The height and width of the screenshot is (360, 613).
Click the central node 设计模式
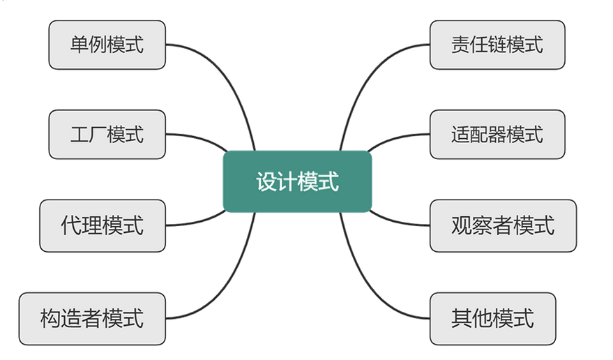click(x=297, y=181)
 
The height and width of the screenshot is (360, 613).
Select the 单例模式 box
click(x=107, y=45)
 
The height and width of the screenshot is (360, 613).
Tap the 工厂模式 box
click(x=107, y=134)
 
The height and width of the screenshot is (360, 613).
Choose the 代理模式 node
click(x=103, y=225)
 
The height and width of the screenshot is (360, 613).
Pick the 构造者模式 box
click(x=92, y=318)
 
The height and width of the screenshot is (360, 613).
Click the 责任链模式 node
click(x=497, y=45)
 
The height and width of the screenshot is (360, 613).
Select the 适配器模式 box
click(x=497, y=134)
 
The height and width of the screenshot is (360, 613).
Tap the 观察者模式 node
click(x=503, y=225)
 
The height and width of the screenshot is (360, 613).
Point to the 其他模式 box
click(x=492, y=318)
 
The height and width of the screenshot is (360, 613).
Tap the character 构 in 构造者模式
click(x=50, y=318)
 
